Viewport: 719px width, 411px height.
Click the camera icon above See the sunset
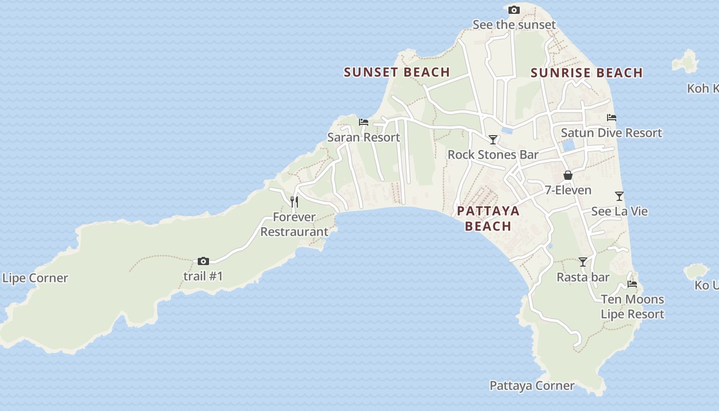tap(514, 10)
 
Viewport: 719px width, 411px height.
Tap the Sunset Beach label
tap(397, 72)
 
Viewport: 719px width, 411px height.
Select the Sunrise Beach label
tap(586, 73)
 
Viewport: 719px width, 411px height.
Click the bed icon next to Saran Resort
tap(364, 122)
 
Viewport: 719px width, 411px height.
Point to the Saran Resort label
tap(364, 138)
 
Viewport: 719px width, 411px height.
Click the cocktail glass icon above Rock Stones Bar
tap(493, 140)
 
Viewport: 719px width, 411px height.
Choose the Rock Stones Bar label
tap(493, 155)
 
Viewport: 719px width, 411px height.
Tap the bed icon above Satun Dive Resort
tap(611, 118)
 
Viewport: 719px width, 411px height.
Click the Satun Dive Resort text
tap(611, 133)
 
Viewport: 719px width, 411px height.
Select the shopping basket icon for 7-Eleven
tap(568, 175)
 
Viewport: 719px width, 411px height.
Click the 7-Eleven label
tap(568, 190)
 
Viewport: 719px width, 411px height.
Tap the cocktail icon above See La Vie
tap(619, 196)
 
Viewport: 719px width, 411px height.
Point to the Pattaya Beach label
tap(488, 218)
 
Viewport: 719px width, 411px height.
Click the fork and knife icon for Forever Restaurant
tap(294, 201)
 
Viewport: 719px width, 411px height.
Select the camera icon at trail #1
tap(203, 261)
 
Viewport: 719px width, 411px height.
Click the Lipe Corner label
tap(35, 278)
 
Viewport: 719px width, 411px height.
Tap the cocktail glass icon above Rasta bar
tap(583, 263)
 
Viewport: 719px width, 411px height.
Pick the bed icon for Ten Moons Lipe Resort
tap(632, 284)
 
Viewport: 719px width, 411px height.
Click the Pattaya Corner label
tap(532, 386)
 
